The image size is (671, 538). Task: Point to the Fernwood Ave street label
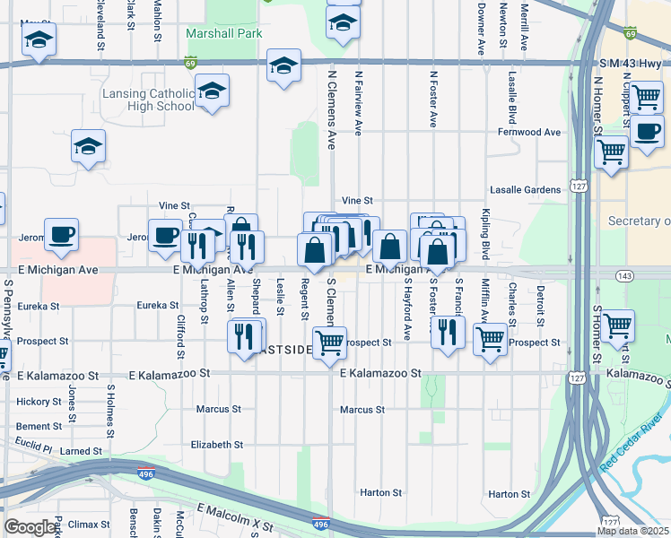coord(529,132)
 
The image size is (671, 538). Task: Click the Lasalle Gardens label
coord(525,190)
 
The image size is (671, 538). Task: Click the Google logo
coord(30,527)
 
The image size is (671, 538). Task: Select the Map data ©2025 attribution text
coord(632,531)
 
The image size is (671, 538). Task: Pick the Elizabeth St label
coord(217,444)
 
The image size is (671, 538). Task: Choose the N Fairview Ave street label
coord(358,103)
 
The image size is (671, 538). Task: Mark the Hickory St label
coord(38,401)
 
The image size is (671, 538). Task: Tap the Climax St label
coord(89,523)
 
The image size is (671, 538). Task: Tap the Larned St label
coord(82,449)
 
